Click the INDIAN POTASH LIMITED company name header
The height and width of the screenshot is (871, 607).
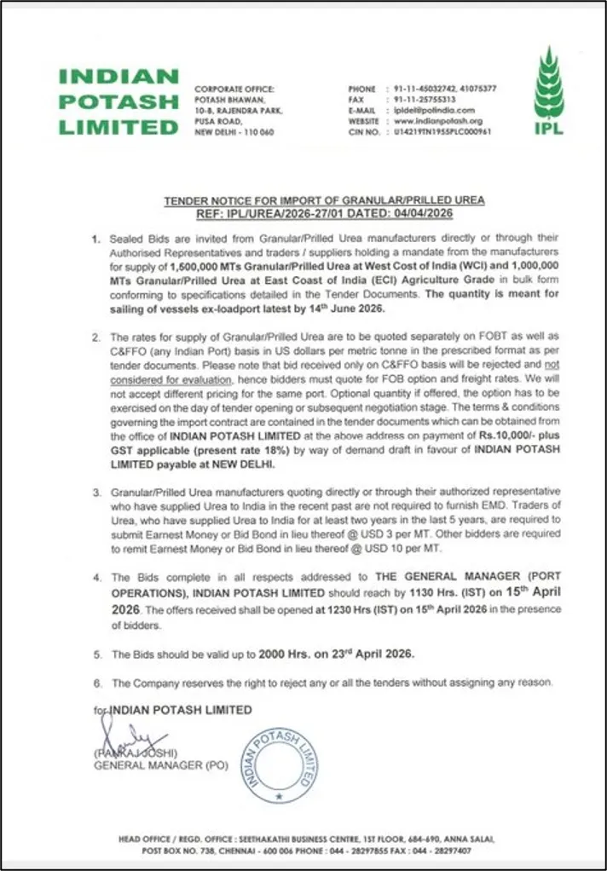tap(119, 101)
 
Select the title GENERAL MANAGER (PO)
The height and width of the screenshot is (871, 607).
tap(160, 765)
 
